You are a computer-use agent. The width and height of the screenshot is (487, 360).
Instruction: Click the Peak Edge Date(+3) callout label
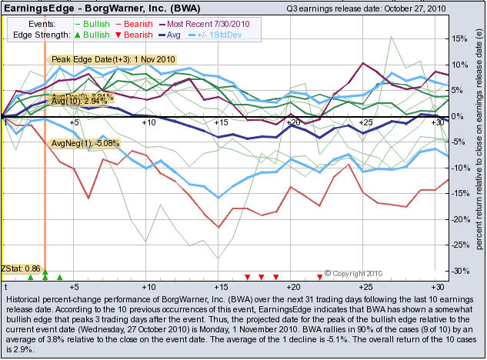(113, 59)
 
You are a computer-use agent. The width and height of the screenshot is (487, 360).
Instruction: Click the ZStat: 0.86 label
(21, 268)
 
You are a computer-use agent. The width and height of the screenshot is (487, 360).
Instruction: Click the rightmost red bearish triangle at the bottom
(319, 276)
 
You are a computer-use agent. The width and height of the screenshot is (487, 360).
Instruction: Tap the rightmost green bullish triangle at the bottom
(60, 277)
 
